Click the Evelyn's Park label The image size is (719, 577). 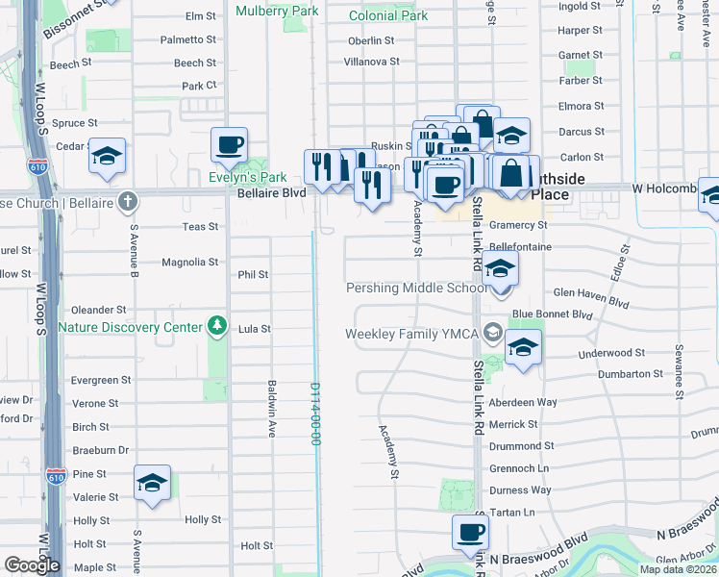[248, 178]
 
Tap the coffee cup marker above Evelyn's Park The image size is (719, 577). [230, 146]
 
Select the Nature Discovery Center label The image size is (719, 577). [130, 327]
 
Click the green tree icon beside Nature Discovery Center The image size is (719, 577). [218, 327]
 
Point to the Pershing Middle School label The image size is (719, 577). [416, 288]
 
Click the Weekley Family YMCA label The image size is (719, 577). [413, 334]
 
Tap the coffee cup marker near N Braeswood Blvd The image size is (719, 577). [471, 533]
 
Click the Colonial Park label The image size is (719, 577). [388, 16]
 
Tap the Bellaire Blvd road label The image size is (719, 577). [272, 192]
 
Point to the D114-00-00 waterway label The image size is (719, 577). [314, 414]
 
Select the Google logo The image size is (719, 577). [32, 565]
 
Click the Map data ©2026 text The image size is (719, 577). [678, 569]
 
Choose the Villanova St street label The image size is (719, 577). [372, 62]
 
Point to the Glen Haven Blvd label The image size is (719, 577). [590, 298]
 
